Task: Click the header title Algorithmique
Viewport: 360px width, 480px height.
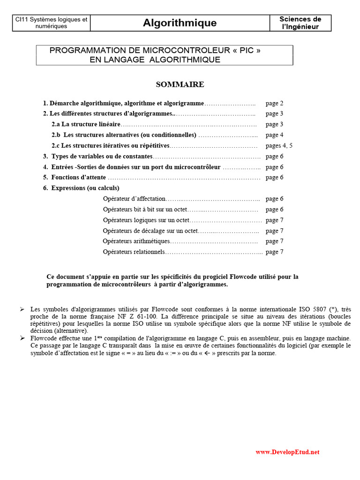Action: (180, 23)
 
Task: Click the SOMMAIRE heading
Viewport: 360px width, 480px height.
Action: (180, 84)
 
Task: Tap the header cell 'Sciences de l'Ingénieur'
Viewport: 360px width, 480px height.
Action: (300, 23)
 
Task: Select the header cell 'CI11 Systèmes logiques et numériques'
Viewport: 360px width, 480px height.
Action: (51, 23)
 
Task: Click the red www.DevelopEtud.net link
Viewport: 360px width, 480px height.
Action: (287, 452)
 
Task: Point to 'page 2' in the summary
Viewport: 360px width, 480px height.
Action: (274, 103)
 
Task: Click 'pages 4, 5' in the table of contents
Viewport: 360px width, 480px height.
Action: (279, 146)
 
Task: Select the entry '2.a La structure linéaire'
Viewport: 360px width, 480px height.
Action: (86, 124)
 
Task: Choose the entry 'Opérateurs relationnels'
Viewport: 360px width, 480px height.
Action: (134, 252)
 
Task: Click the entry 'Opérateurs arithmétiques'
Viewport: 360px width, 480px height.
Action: (136, 241)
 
